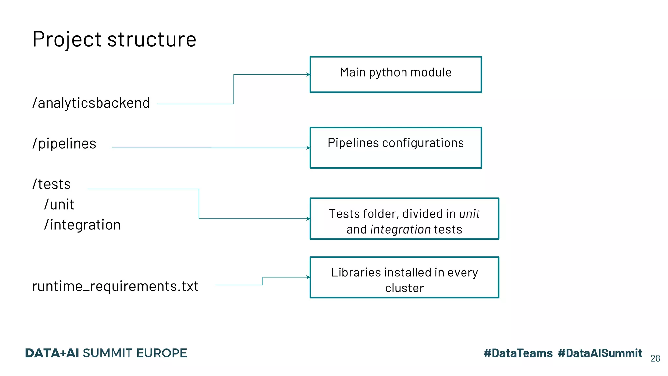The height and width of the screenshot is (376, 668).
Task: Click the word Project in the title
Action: point(67,39)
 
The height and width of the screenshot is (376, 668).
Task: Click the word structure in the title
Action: point(152,39)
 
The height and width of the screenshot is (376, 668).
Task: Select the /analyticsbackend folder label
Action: point(91,103)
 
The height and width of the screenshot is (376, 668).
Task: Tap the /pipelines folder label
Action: point(64,144)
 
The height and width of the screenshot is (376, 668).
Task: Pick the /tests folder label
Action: point(52,184)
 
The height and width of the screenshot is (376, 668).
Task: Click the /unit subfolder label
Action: point(59,205)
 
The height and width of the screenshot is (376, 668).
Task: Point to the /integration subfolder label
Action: point(83,225)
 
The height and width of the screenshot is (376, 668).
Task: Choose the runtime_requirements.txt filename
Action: point(115,286)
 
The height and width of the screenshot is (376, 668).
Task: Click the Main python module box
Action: point(396,74)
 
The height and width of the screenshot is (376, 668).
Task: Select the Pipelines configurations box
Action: point(396,148)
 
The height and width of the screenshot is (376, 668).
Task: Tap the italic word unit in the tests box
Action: point(469,214)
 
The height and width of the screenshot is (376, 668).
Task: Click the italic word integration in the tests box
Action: point(401,230)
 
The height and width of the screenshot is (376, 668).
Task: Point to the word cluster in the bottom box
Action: point(404,288)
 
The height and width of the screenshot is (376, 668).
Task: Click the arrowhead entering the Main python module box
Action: point(308,75)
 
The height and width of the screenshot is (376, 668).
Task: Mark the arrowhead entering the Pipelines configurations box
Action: point(308,148)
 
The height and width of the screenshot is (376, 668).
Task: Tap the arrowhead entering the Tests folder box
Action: point(308,219)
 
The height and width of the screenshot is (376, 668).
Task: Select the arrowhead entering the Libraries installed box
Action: point(308,277)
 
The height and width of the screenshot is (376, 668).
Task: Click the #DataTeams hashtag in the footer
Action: point(518,353)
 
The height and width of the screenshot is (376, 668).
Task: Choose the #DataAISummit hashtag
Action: point(600,353)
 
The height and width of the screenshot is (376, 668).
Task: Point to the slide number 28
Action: point(655,358)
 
